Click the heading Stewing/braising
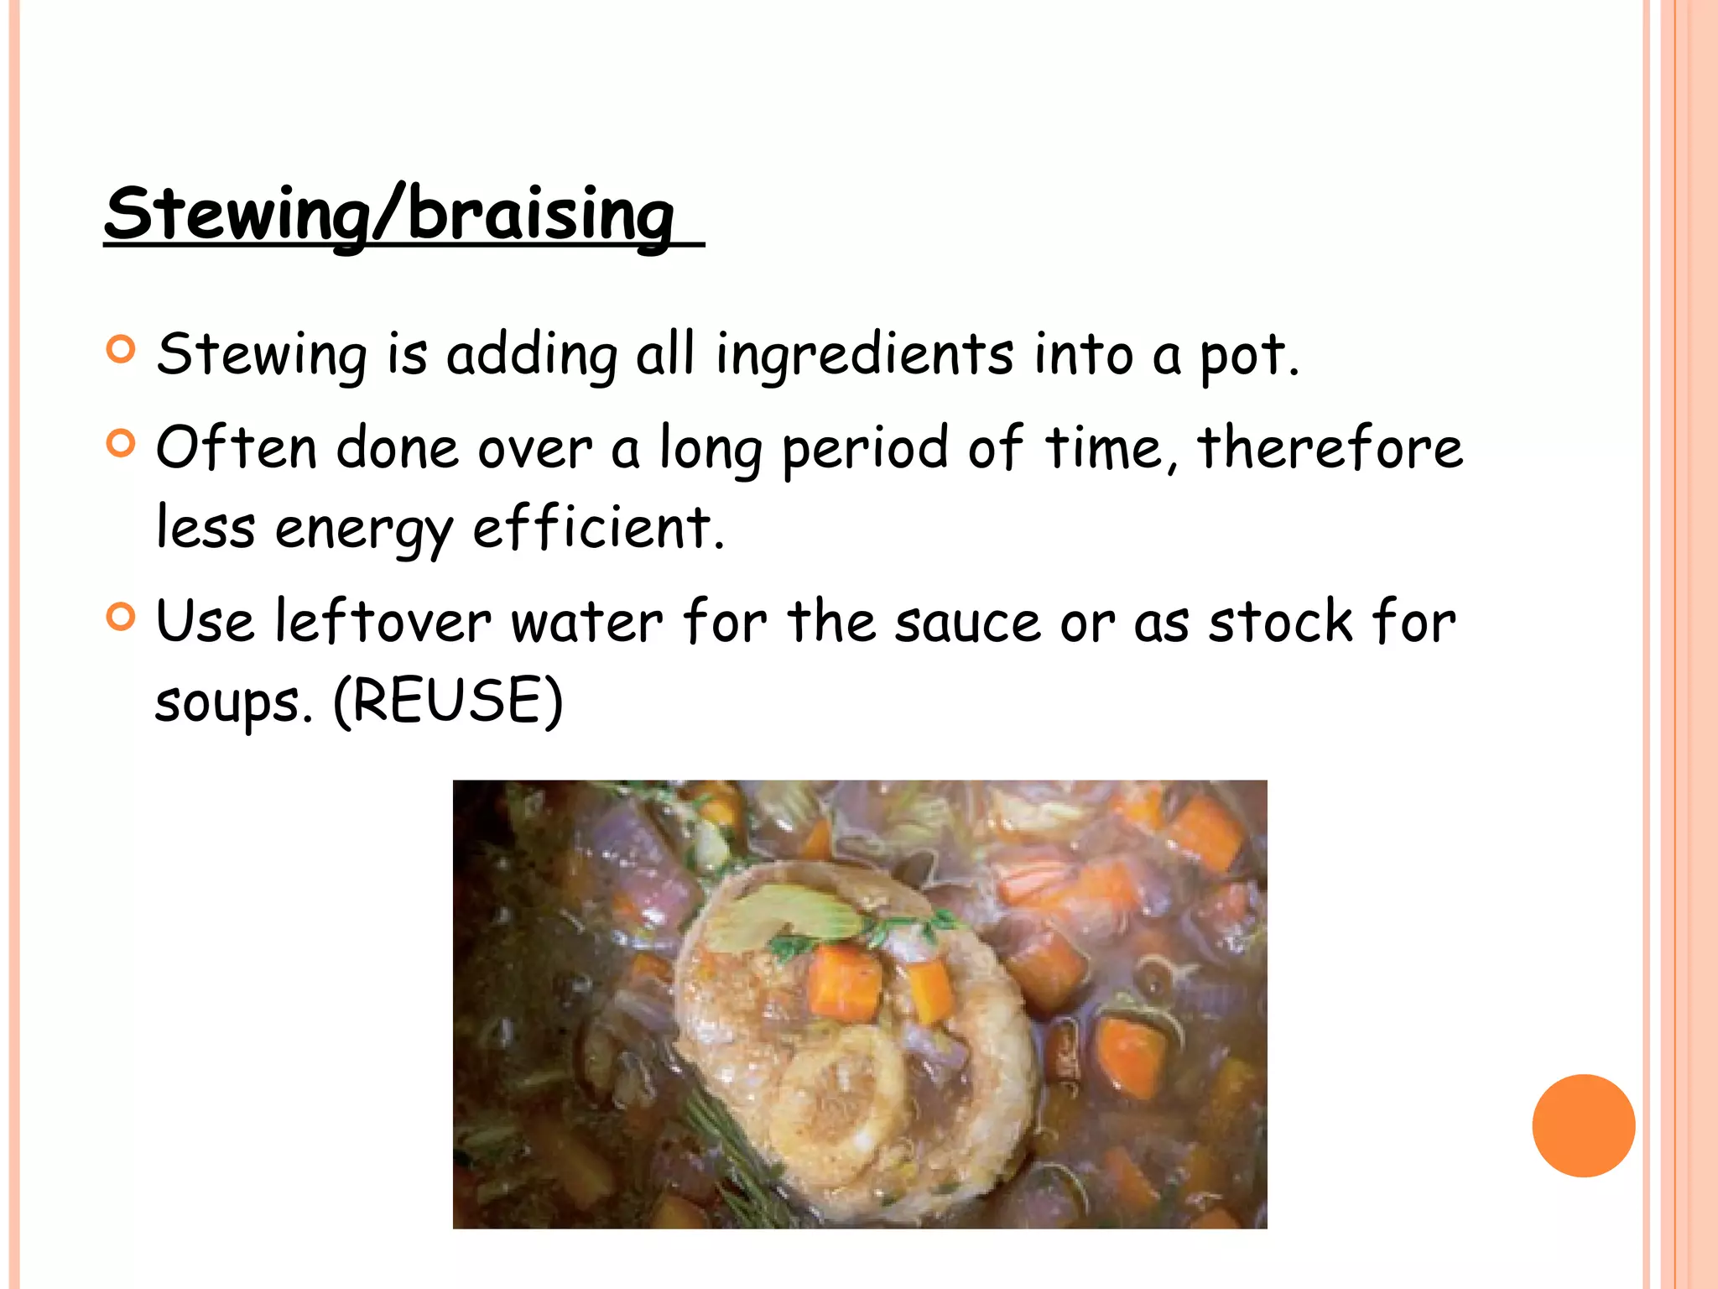click(390, 214)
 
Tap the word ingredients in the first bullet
click(864, 354)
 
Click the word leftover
click(383, 622)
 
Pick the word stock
click(1280, 622)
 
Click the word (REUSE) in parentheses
click(448, 702)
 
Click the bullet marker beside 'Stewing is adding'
click(122, 350)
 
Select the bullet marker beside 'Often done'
click(122, 442)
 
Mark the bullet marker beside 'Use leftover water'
click(122, 618)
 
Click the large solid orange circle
click(1583, 1125)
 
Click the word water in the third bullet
click(587, 624)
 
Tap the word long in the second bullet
click(711, 450)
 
